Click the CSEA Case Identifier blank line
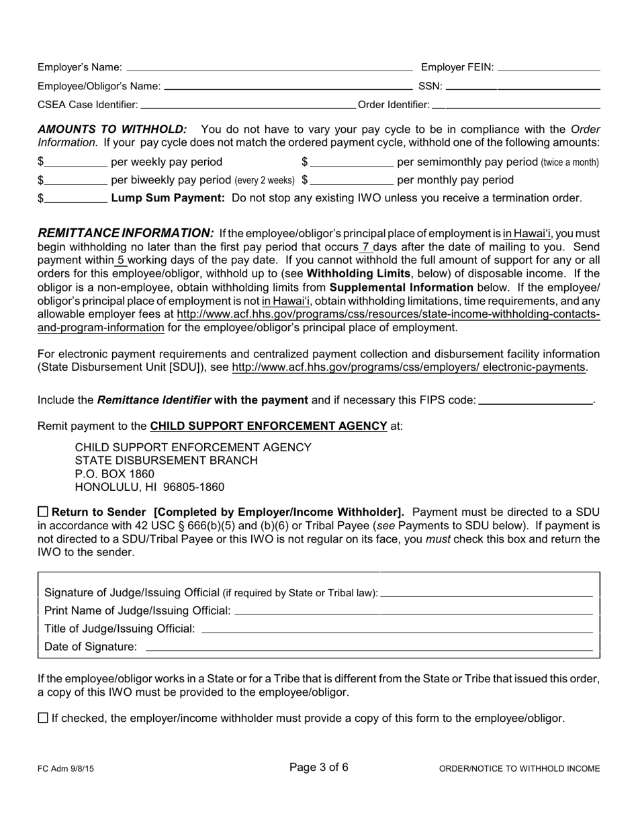pos(248,105)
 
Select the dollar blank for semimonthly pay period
pos(351,163)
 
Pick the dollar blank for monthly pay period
pos(351,181)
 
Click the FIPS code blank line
pos(536,401)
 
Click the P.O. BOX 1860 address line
pos(114,473)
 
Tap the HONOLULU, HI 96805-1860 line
pos(149,487)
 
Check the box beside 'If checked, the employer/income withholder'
pos(43,718)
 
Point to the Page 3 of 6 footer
pos(318,768)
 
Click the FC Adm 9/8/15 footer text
pos(66,769)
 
